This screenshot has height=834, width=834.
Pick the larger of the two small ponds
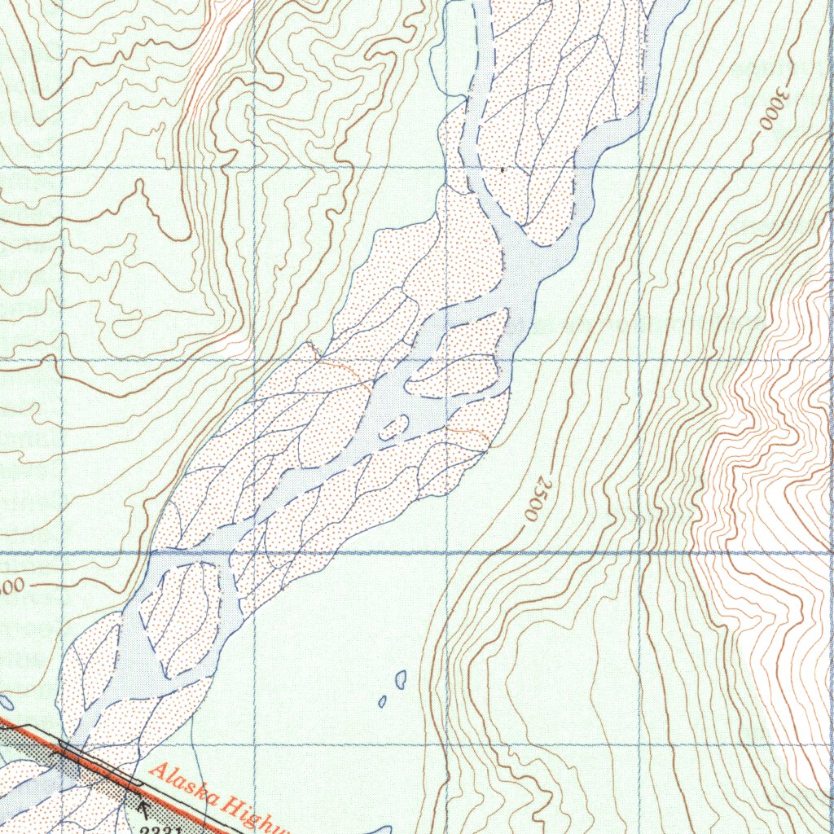click(400, 678)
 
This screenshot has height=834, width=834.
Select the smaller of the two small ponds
click(383, 701)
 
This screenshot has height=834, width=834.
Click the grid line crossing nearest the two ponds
click(449, 745)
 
